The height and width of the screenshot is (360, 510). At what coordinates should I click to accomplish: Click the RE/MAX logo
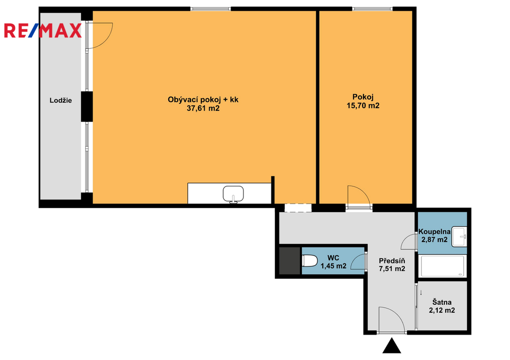pos(43,30)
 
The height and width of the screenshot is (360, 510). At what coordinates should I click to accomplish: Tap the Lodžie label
pos(60,101)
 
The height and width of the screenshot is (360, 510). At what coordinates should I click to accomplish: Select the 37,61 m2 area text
pos(203,108)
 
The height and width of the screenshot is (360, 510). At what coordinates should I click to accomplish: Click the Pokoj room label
pos(363,97)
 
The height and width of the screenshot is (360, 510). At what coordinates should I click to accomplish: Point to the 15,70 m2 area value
pos(363,106)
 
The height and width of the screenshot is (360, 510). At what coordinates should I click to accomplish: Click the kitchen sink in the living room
pos(233,195)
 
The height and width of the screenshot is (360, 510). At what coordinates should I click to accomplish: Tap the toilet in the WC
pos(310,261)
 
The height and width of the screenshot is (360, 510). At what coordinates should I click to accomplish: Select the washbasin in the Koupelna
pos(459,237)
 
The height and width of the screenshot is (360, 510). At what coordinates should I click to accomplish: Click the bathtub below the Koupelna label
pos(442,266)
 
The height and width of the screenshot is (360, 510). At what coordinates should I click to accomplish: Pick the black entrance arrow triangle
pos(391,346)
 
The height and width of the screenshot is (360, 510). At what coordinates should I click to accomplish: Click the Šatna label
pos(442,302)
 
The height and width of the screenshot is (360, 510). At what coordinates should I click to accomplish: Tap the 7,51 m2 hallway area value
pos(392,269)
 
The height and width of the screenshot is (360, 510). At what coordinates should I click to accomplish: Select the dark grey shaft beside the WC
pos(290,261)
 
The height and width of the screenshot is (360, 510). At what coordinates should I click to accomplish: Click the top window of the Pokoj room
pos(372,9)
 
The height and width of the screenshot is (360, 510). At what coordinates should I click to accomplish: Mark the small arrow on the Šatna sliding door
pos(421,292)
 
